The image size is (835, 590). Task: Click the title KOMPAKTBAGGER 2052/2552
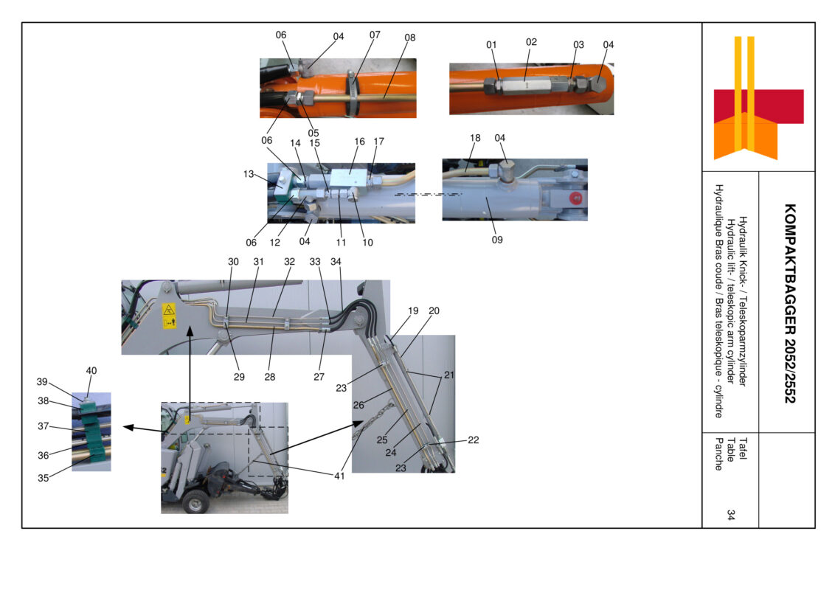pyautogui.click(x=790, y=303)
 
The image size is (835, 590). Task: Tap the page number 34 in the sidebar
pyautogui.click(x=731, y=514)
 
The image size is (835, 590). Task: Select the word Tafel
pyautogui.click(x=744, y=448)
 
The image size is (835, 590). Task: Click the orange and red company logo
pyautogui.click(x=758, y=98)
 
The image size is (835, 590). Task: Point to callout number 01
pyautogui.click(x=491, y=45)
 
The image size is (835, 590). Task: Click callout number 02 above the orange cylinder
pyautogui.click(x=531, y=41)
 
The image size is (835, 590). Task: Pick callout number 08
pyautogui.click(x=409, y=38)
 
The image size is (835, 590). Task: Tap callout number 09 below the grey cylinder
pyautogui.click(x=497, y=240)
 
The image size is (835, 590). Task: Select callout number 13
pyautogui.click(x=248, y=173)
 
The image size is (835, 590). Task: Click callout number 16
pyautogui.click(x=359, y=141)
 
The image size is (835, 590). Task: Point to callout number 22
pyautogui.click(x=474, y=440)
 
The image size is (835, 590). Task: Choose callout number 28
pyautogui.click(x=270, y=376)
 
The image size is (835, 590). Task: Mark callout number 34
pyautogui.click(x=336, y=262)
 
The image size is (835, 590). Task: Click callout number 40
pyautogui.click(x=91, y=371)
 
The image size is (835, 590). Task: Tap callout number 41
pyautogui.click(x=339, y=476)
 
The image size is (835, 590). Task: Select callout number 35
pyautogui.click(x=43, y=478)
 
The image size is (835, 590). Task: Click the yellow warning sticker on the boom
pyautogui.click(x=169, y=316)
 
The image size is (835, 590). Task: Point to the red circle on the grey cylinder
pyautogui.click(x=575, y=198)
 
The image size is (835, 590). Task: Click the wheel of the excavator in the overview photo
pyautogui.click(x=195, y=501)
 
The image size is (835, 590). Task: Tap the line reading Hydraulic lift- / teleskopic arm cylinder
pyautogui.click(x=730, y=301)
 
